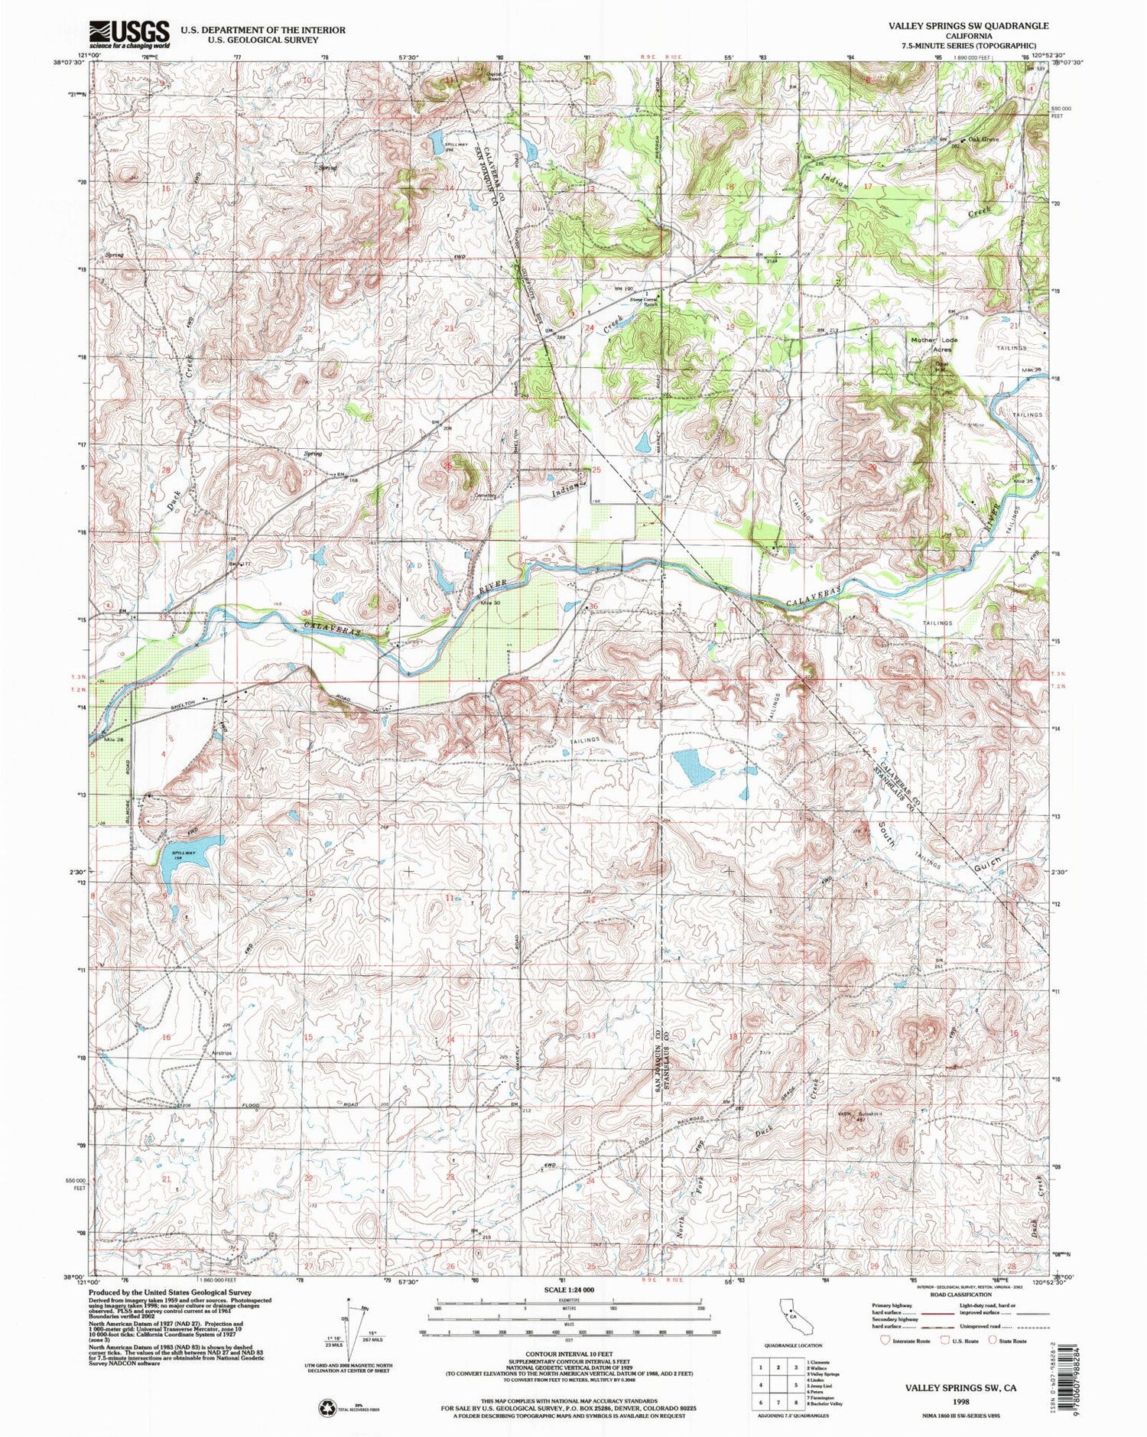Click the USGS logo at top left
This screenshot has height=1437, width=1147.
[x=130, y=34]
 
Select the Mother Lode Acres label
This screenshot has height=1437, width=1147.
[x=932, y=344]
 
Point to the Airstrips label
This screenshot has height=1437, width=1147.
[x=223, y=1053]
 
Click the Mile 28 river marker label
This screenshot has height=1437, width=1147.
[x=104, y=740]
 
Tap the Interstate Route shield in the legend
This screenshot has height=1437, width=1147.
[x=885, y=1340]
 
